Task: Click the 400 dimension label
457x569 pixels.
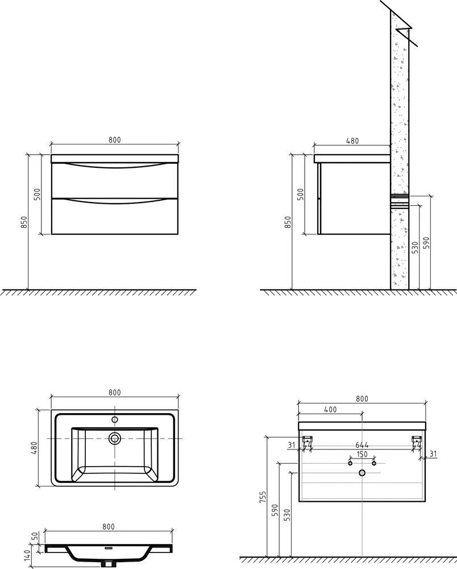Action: pos(330,409)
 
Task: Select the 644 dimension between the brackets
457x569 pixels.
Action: pos(362,445)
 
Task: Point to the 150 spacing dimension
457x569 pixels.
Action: pos(362,454)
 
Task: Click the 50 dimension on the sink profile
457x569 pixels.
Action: pos(36,535)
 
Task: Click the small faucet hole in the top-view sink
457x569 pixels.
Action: pos(115,420)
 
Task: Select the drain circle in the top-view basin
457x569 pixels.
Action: pos(115,438)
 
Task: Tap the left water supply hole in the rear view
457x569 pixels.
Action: pos(350,463)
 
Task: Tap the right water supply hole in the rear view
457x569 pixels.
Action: pos(373,463)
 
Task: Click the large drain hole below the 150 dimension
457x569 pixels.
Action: pos(362,472)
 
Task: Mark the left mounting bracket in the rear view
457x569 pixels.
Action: pos(308,439)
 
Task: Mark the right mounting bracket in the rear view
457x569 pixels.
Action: pos(417,439)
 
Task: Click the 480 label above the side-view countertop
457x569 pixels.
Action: pos(352,141)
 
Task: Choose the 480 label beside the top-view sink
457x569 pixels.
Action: pos(34,448)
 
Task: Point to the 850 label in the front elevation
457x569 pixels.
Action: pos(24,222)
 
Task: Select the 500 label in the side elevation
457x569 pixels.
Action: pos(301,195)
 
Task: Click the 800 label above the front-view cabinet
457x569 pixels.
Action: pos(114,139)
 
